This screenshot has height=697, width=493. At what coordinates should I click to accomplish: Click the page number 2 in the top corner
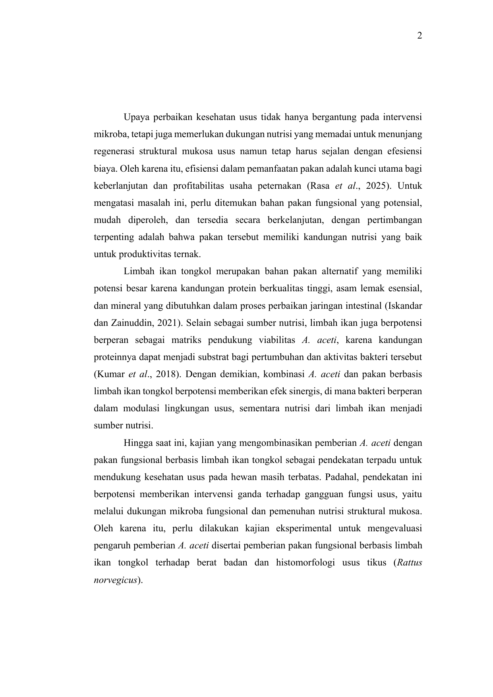[x=420, y=36]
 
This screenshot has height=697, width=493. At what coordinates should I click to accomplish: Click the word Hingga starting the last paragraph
[x=136, y=443]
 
